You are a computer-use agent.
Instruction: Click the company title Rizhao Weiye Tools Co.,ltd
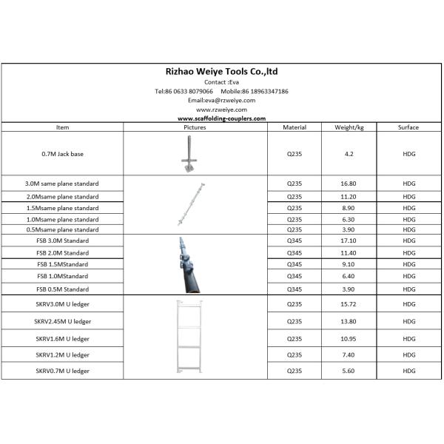click(221, 72)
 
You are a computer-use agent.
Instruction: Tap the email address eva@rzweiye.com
click(221, 100)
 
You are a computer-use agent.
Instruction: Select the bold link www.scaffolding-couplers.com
click(221, 118)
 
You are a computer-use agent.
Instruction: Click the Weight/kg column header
click(349, 127)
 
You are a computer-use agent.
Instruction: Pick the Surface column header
click(408, 127)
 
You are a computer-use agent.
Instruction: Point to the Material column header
click(295, 127)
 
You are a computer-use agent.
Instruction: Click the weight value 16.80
click(349, 183)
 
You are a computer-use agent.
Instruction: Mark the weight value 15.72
click(349, 305)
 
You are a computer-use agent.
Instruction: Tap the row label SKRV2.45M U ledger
click(62, 322)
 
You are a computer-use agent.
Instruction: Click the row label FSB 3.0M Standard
click(62, 240)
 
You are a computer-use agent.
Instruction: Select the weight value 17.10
click(349, 240)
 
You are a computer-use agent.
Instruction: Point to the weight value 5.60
click(349, 371)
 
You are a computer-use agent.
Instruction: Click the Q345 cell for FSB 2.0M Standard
click(295, 252)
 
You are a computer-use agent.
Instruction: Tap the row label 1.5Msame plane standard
click(62, 208)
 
